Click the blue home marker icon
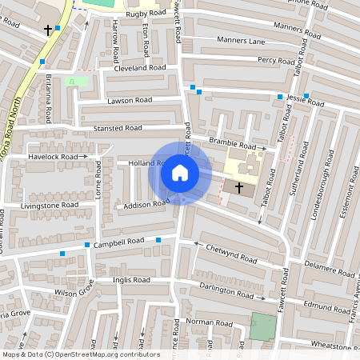click(180, 172)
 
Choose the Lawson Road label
click(129, 101)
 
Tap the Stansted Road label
click(117, 128)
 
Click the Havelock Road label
click(53, 157)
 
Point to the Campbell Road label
click(118, 241)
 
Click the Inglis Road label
click(131, 281)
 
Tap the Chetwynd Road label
click(232, 254)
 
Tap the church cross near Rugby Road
click(48, 30)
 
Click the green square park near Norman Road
click(262, 326)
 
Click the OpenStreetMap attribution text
click(81, 354)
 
